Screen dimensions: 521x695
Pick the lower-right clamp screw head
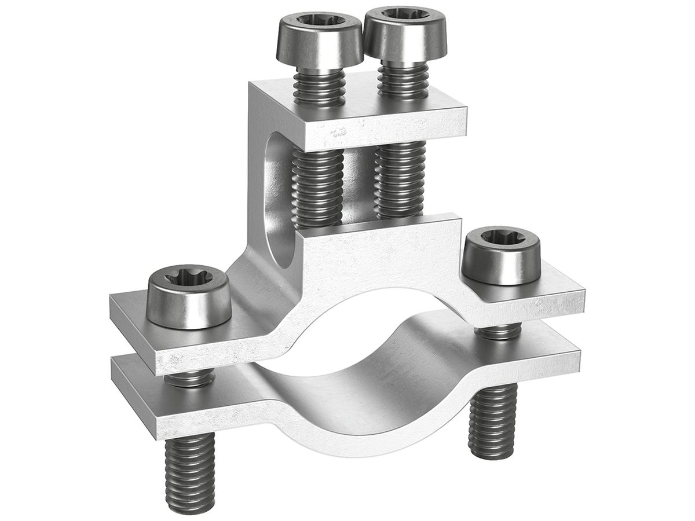point(501,255)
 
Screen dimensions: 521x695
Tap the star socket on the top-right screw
point(405,15)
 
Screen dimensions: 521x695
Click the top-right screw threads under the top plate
point(400,179)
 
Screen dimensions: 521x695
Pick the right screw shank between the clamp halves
point(499,332)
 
